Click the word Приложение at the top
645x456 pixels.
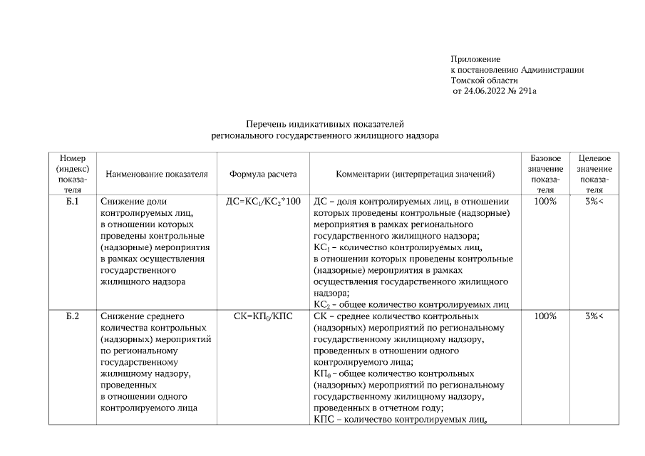(475, 58)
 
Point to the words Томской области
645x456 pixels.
(480, 81)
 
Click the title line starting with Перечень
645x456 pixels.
(325, 123)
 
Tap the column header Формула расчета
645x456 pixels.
(262, 174)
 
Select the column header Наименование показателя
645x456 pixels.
(157, 174)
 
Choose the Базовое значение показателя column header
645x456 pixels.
(545, 174)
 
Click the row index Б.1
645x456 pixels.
(72, 202)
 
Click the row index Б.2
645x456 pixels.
(72, 316)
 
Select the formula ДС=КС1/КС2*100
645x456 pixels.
(263, 202)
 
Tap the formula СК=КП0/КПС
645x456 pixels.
(263, 316)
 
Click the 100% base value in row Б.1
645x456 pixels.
(545, 202)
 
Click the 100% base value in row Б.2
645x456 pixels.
(545, 316)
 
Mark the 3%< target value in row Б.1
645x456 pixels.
(594, 202)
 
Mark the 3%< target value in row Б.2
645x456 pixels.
(594, 316)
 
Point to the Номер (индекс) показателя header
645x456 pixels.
(72, 174)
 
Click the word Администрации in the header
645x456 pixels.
(552, 70)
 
